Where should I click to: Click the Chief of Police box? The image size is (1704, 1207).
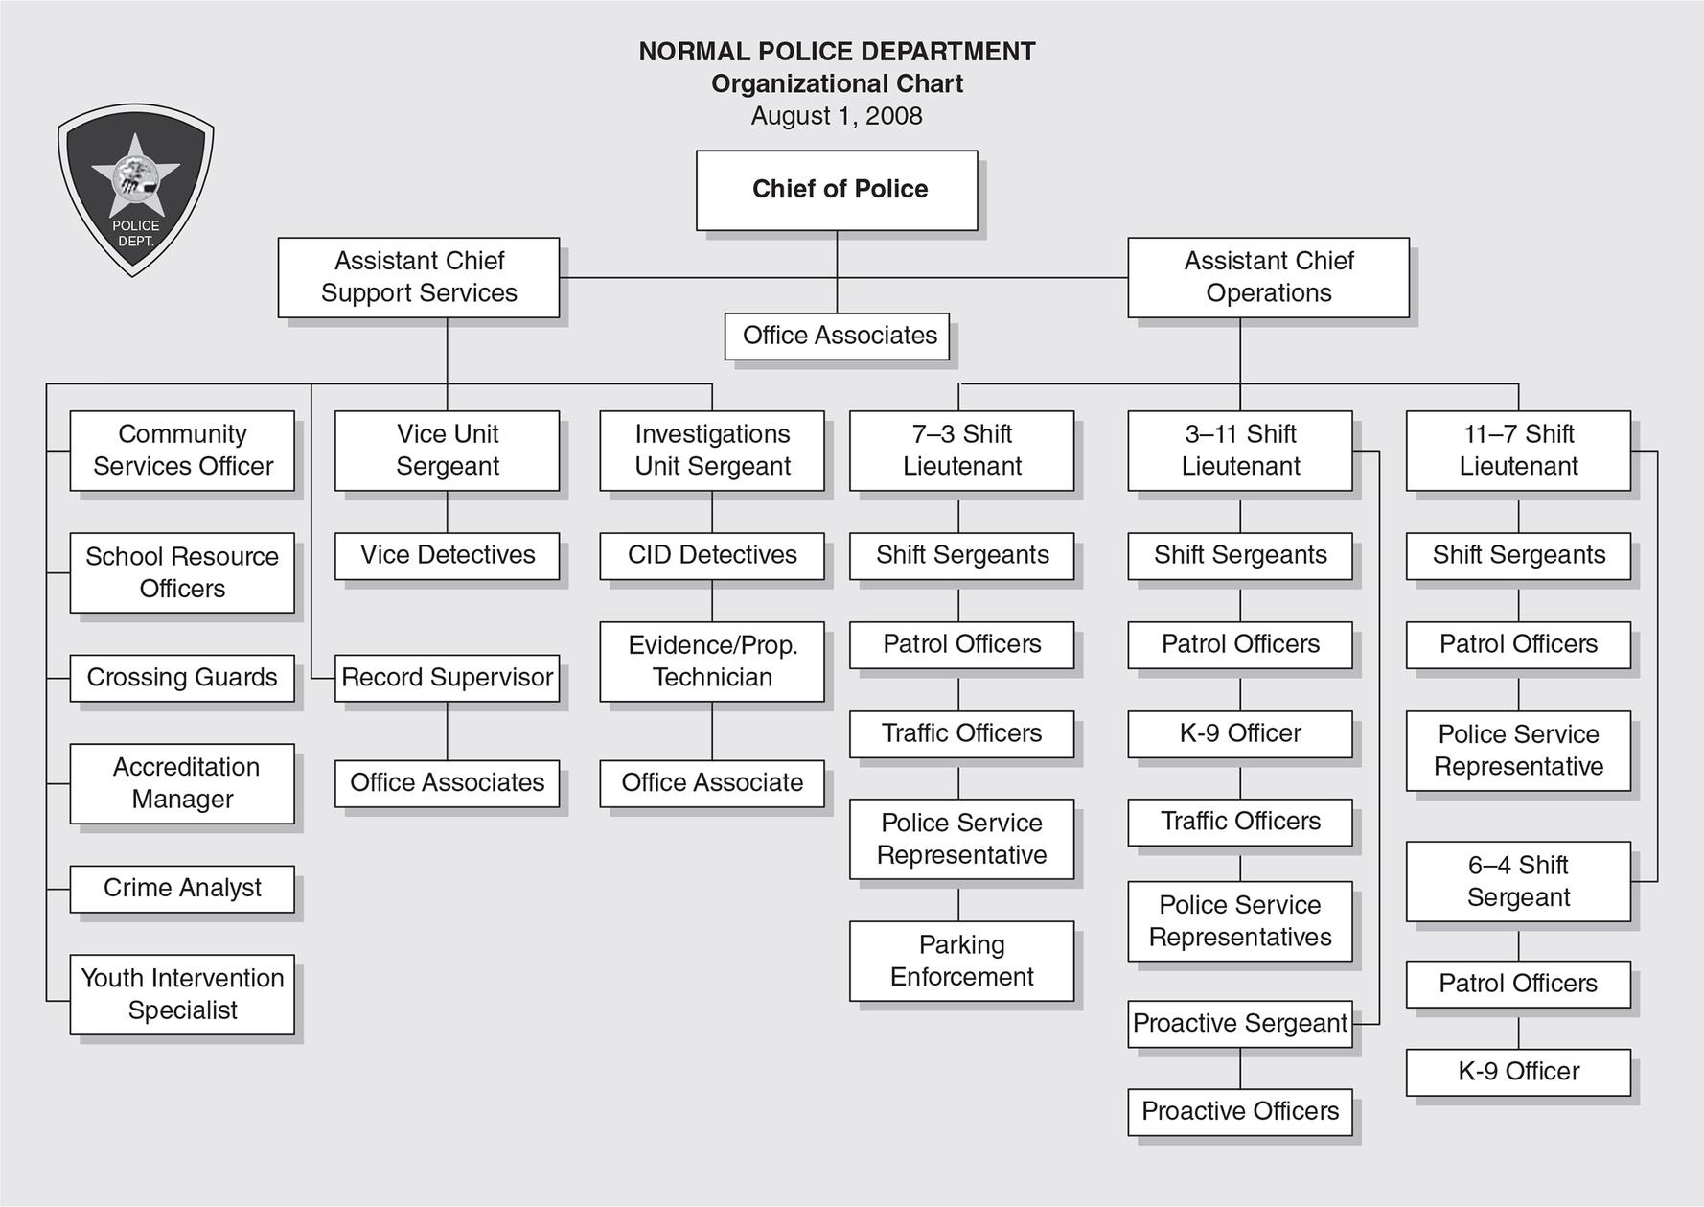[x=837, y=190]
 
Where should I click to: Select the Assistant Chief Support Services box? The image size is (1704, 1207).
[x=419, y=277]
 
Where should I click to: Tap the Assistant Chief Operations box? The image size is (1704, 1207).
[x=1268, y=277]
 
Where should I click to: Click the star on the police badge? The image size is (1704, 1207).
[x=135, y=175]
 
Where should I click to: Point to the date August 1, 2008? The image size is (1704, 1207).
[x=837, y=116]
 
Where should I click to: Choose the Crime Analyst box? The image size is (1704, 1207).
[x=182, y=889]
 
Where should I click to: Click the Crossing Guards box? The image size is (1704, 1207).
[x=182, y=678]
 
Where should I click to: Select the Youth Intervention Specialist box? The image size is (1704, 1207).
[x=182, y=994]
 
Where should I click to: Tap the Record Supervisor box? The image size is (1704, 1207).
[x=447, y=678]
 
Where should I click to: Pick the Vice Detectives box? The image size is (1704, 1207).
[x=447, y=556]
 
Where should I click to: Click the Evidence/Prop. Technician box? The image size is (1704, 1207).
[x=712, y=662]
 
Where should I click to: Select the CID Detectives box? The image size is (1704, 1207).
[x=712, y=556]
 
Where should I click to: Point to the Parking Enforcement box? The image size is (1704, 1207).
[x=961, y=961]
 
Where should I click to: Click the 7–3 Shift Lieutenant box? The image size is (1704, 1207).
[x=961, y=451]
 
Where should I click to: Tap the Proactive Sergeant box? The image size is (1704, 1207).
[x=1240, y=1024]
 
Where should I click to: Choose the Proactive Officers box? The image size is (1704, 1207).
[x=1240, y=1112]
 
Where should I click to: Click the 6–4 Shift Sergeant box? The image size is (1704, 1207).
[x=1518, y=881]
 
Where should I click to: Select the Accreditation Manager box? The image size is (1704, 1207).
[x=182, y=783]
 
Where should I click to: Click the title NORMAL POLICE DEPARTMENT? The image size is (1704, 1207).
[x=837, y=52]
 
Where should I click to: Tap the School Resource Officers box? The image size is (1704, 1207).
[x=182, y=572]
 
